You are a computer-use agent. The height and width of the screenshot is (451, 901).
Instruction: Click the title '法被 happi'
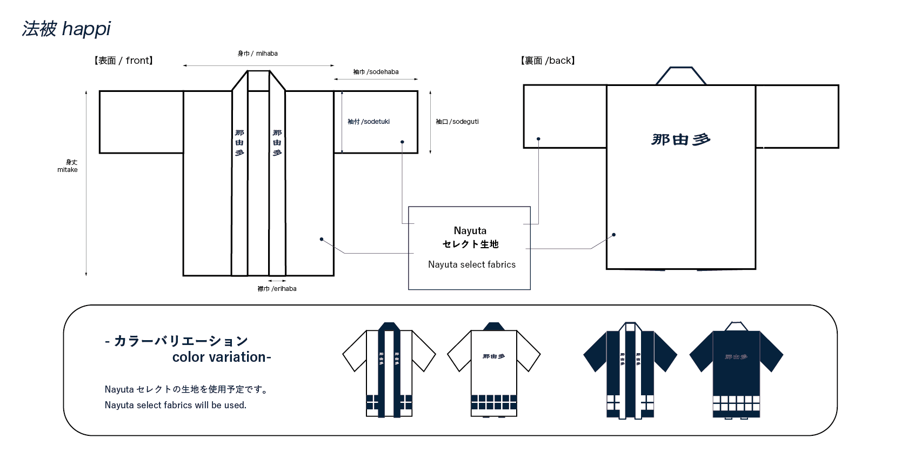66,29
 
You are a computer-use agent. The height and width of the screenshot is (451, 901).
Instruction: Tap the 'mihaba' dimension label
258,54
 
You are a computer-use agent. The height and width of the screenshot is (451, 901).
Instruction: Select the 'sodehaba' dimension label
376,72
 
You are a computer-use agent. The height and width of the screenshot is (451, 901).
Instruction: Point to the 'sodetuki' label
369,122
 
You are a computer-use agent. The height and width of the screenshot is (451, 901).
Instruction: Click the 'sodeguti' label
457,122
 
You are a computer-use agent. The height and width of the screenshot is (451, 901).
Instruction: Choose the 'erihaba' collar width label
277,289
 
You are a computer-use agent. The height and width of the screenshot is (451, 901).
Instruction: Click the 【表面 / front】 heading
123,61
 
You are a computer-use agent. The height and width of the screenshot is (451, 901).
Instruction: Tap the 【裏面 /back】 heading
548,61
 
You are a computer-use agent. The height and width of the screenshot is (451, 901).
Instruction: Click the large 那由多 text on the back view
680,140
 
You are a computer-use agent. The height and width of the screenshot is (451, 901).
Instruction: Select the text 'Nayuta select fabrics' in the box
472,264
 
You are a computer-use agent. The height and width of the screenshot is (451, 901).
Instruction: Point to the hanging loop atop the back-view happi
681,76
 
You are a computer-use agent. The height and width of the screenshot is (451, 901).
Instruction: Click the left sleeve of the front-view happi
141,122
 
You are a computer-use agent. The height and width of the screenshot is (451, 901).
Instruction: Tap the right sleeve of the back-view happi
797,116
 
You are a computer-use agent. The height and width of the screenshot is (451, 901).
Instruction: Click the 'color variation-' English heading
222,357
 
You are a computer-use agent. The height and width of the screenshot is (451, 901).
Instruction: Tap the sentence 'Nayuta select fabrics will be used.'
176,405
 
